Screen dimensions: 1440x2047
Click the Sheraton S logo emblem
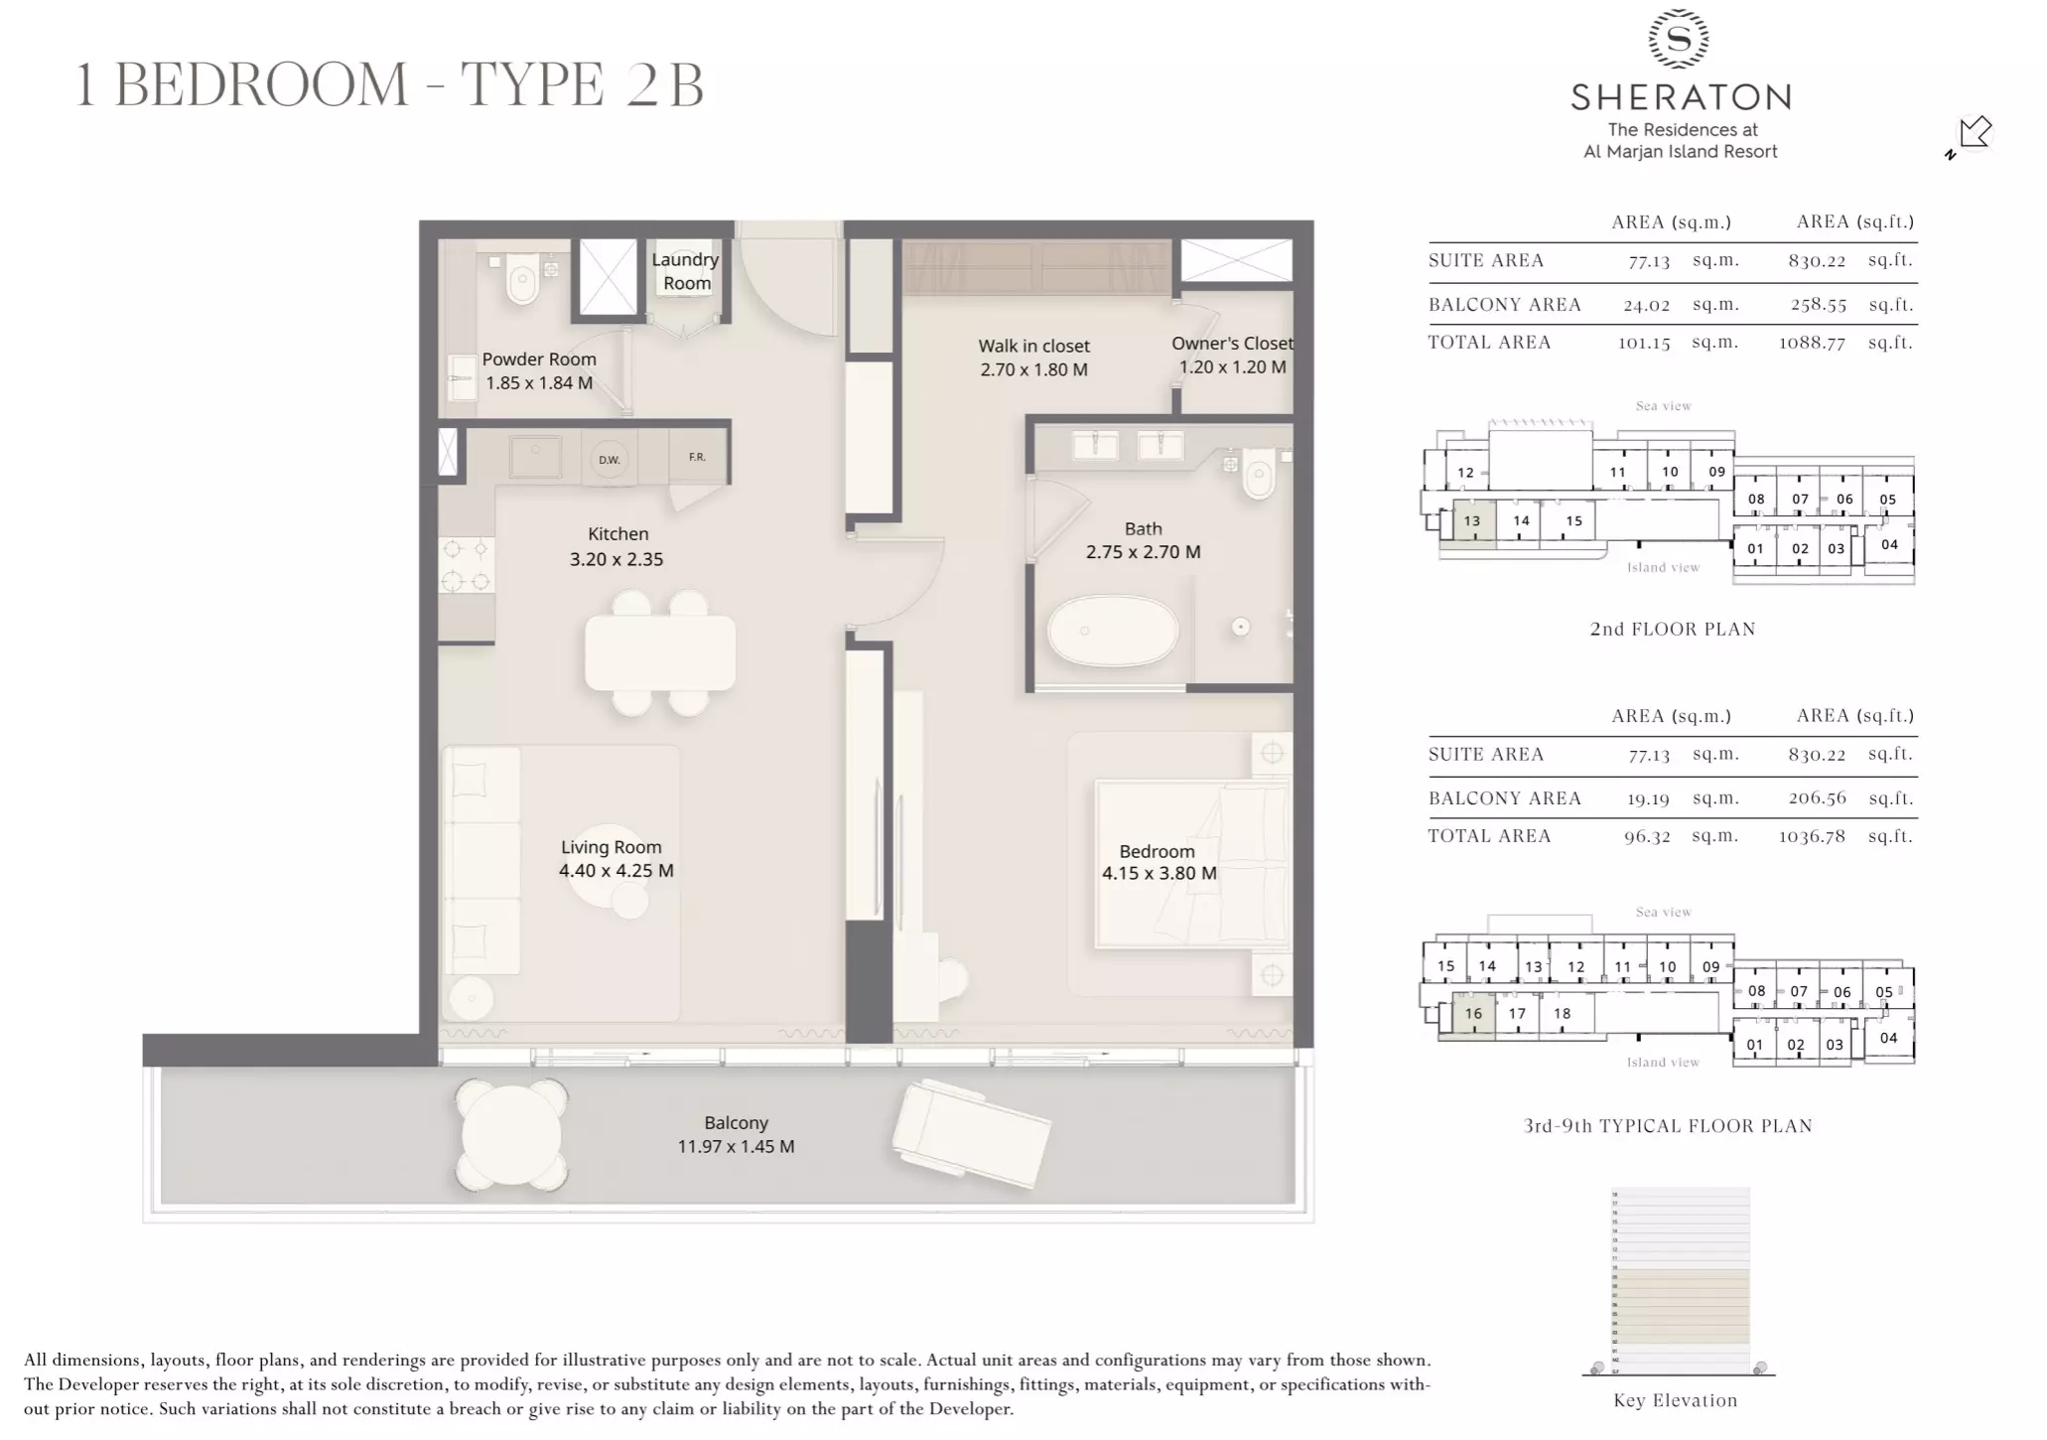click(1678, 39)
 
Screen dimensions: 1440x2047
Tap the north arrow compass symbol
click(1973, 134)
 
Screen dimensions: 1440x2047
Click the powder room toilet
click(521, 279)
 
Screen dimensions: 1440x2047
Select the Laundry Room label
click(686, 271)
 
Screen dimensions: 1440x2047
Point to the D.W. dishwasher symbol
click(609, 459)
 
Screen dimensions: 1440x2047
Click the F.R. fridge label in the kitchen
click(697, 457)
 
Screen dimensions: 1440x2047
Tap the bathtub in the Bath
click(1113, 631)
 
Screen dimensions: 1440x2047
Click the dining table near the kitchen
click(660, 652)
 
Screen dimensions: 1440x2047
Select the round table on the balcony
click(511, 1135)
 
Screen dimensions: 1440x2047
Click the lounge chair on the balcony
click(971, 1132)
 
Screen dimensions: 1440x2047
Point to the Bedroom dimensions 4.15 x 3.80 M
click(1159, 874)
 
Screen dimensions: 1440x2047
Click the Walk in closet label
click(1033, 346)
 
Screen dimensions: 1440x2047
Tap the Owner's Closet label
click(1232, 344)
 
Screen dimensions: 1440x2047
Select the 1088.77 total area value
click(1812, 343)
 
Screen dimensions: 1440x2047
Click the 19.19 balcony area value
click(1646, 798)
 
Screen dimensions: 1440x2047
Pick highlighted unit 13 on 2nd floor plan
click(1471, 521)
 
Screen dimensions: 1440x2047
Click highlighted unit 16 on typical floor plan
click(1473, 1014)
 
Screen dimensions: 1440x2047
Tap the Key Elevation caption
click(1675, 1400)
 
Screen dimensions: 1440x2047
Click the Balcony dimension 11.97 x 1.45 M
click(736, 1147)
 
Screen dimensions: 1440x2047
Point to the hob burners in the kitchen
click(466, 564)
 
